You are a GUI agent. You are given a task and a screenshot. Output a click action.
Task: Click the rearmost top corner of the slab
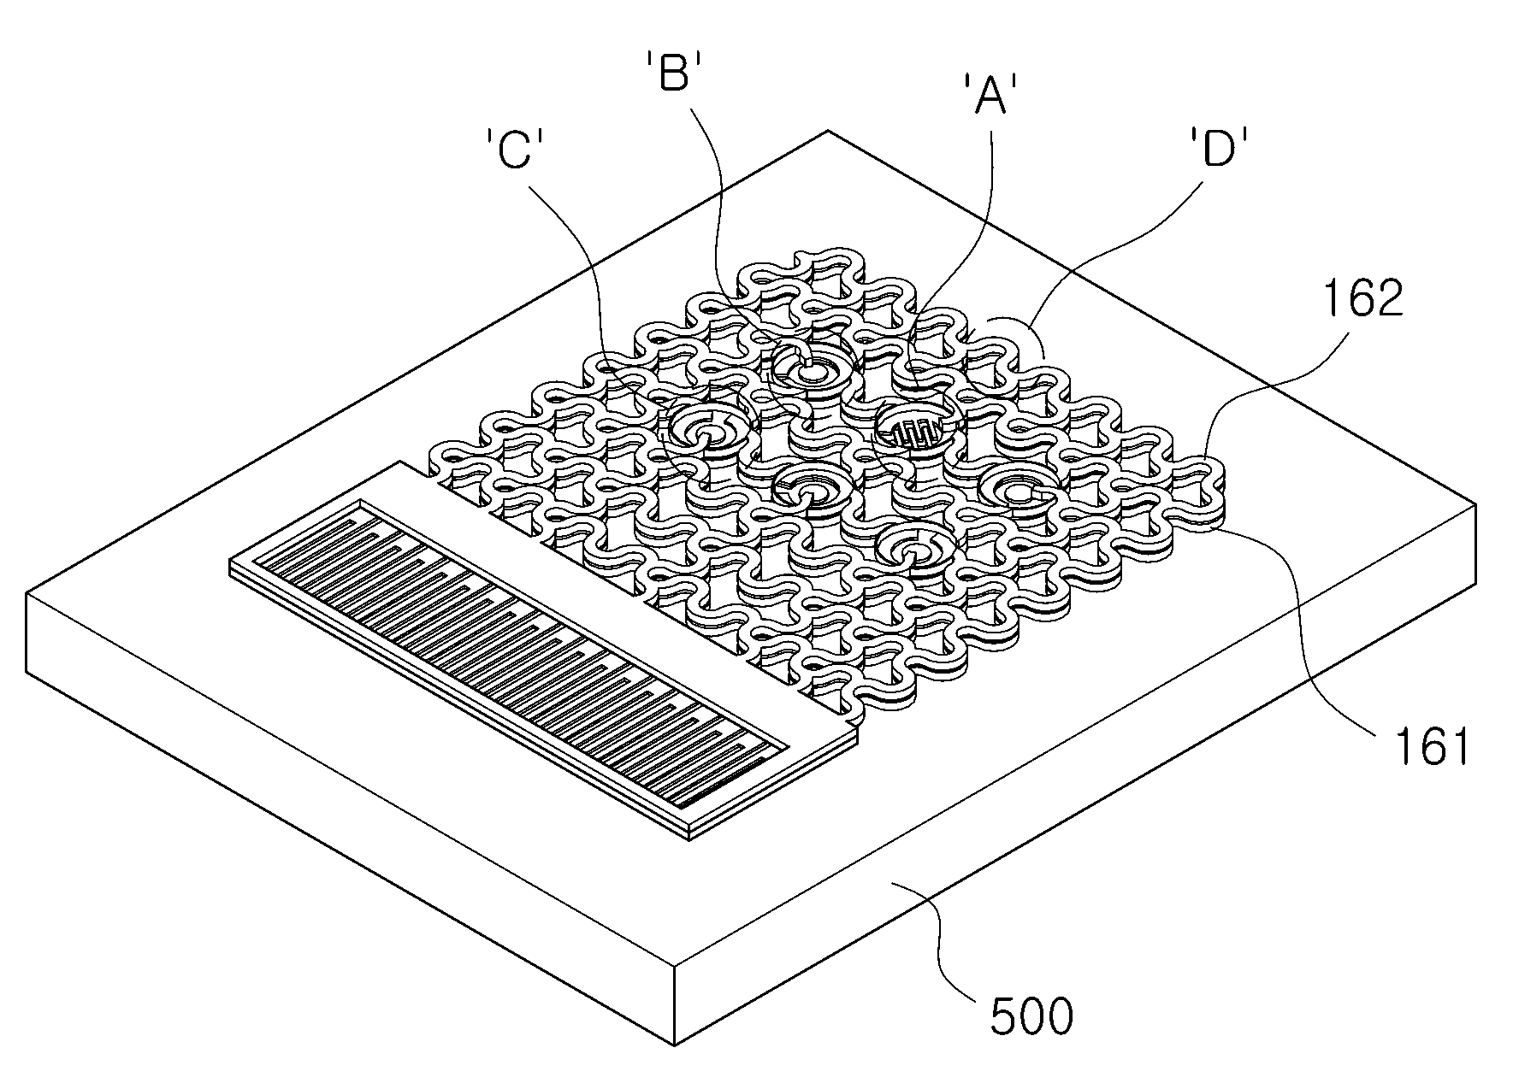828,131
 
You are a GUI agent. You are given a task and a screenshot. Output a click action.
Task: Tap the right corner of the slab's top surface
1475,505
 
